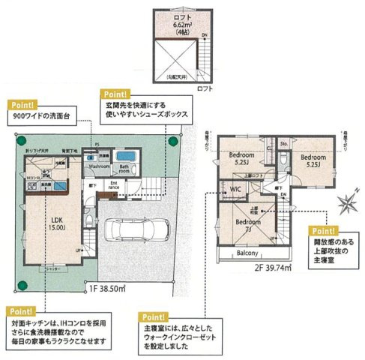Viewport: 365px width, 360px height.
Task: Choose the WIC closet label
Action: click(234, 189)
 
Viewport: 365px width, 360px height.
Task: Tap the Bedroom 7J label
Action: click(245, 226)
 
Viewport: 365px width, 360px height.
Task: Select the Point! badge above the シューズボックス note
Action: click(115, 94)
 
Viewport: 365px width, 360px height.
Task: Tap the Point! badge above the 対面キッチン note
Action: click(21, 310)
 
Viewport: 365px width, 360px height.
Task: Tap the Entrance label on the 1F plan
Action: click(115, 184)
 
